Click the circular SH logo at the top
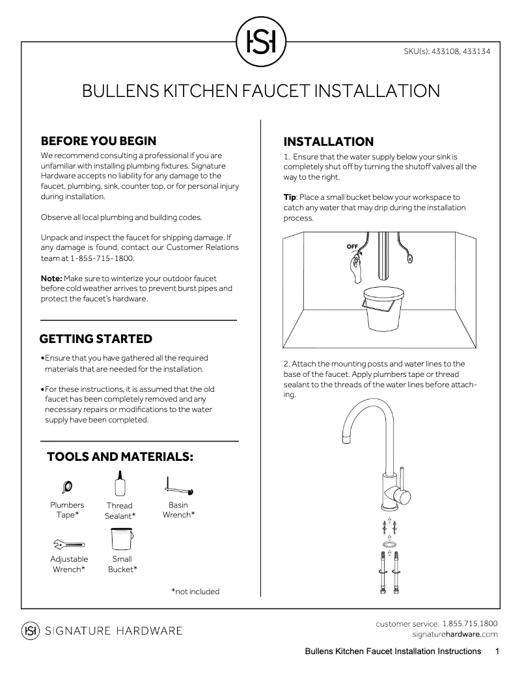click(260, 40)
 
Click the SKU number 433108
click(445, 52)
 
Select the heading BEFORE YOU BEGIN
click(98, 141)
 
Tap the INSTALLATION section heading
click(329, 142)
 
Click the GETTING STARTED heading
click(96, 339)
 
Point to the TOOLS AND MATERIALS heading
click(120, 457)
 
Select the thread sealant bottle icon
click(120, 484)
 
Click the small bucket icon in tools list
click(122, 540)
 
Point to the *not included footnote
click(195, 592)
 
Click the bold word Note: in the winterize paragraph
click(51, 278)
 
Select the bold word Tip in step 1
click(290, 197)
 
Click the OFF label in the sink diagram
click(352, 246)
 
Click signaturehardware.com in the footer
click(455, 633)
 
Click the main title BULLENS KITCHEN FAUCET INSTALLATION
click(261, 90)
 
